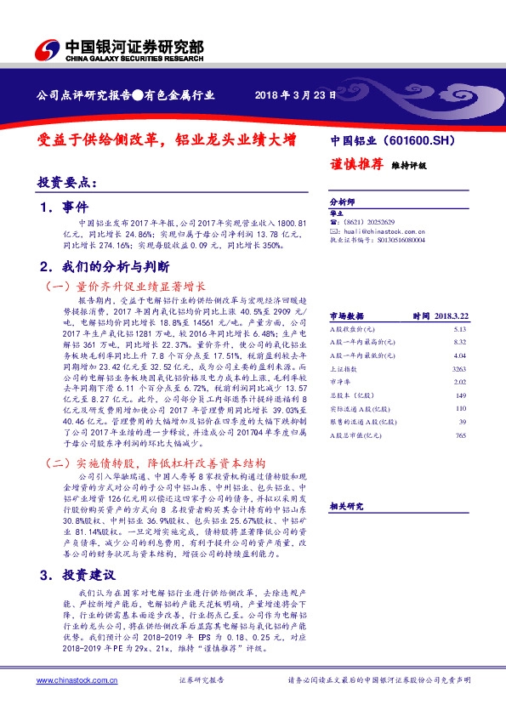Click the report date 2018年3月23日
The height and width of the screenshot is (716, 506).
tap(290, 94)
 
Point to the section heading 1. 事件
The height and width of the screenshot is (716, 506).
tap(64, 207)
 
